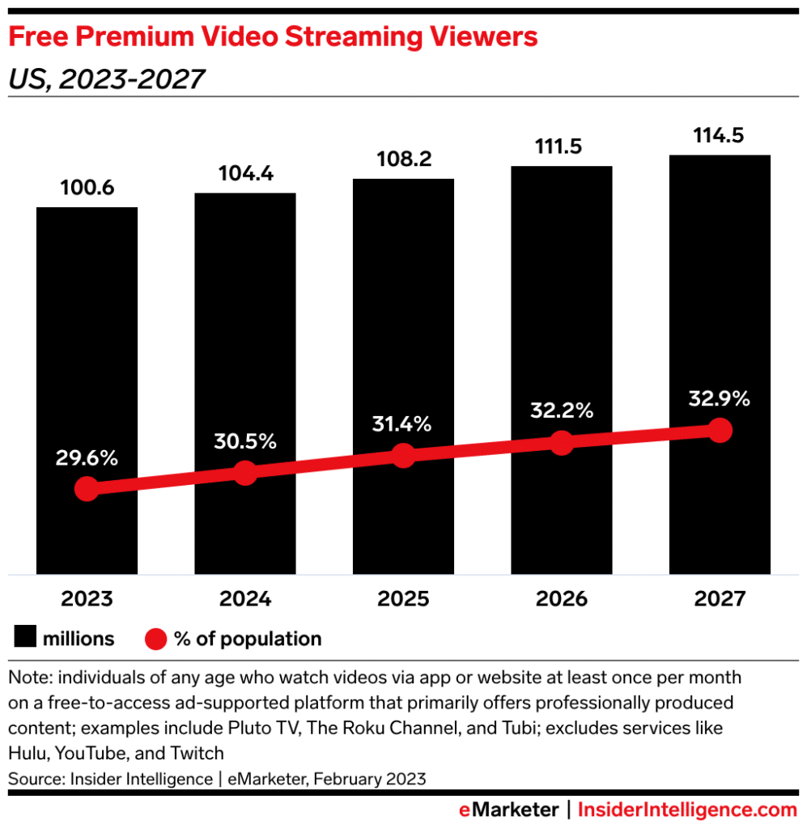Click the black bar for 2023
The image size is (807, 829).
coord(87,340)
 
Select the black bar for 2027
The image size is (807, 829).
coord(720,324)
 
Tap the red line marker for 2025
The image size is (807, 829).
coord(403,455)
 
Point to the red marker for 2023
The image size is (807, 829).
coord(87,488)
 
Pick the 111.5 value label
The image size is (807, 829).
coord(561,147)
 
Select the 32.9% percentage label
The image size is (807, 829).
coord(720,398)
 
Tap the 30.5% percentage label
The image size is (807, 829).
coord(245,441)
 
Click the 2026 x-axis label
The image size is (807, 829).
coord(561,599)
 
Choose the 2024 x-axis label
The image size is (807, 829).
coord(245,599)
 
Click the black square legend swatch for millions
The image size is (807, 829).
coord(26,639)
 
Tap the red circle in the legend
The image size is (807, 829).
coord(156,639)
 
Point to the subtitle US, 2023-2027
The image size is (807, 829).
coord(105,79)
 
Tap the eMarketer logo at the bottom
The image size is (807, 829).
coord(508,809)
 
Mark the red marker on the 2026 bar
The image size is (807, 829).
coord(561,442)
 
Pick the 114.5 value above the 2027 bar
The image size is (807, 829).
coord(720,134)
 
